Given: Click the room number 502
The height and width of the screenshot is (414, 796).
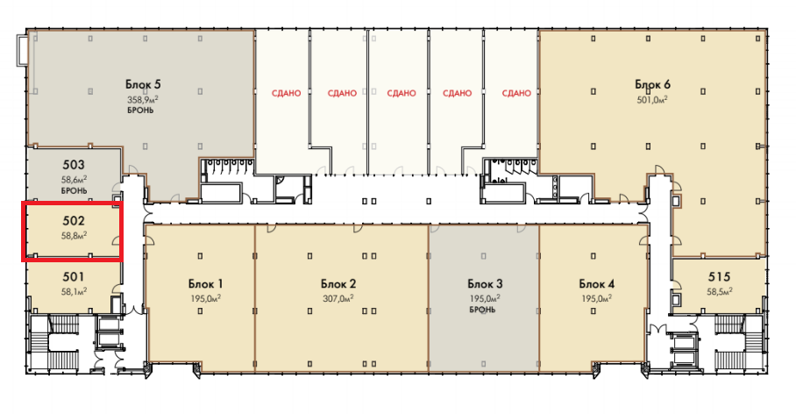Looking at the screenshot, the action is [74, 220].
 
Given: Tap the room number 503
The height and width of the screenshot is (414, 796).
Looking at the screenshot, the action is [74, 165].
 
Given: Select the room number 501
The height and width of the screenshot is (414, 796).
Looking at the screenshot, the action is [74, 277].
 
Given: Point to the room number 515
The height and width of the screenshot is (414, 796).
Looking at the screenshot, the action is [720, 277].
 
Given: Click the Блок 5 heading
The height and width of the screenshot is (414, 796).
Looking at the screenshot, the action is [143, 84].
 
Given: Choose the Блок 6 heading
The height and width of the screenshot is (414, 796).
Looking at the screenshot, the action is [653, 84].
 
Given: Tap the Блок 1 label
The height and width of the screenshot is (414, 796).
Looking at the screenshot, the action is [206, 284].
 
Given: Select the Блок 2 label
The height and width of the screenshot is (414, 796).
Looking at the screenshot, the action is [338, 284].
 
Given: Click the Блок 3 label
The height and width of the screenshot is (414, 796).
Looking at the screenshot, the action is [485, 284].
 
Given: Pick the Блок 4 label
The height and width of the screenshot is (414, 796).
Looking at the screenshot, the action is [596, 284].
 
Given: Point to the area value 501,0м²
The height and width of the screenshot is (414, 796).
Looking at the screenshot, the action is [652, 100].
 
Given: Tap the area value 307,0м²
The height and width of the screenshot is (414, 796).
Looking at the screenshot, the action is [338, 299].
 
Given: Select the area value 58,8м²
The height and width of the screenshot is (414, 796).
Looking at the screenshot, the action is [75, 235].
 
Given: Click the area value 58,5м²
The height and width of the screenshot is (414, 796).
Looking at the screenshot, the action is [720, 291].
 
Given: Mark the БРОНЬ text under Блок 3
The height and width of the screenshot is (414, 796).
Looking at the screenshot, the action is [482, 310].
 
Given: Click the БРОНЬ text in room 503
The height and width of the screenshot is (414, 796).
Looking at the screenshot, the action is [75, 190].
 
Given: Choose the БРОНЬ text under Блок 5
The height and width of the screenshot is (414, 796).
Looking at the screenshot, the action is [140, 111].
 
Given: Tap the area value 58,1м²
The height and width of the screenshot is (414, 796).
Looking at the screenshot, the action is [75, 291].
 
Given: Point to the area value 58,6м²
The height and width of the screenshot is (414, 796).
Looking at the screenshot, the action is [75, 179].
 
